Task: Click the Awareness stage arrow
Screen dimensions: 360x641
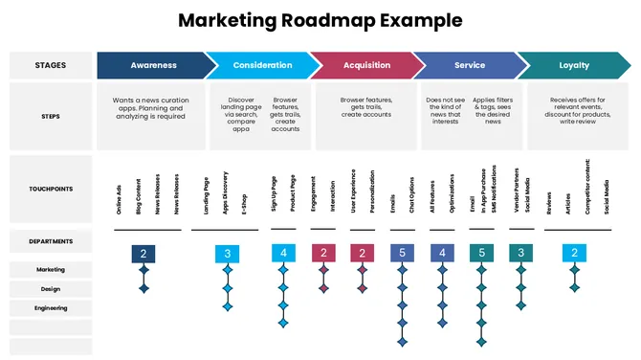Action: (x=153, y=65)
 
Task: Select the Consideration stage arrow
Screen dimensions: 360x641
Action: (x=260, y=65)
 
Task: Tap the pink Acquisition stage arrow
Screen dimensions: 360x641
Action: (x=366, y=65)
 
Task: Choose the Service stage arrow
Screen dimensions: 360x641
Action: (x=469, y=65)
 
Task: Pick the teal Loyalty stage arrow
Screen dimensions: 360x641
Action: (x=574, y=65)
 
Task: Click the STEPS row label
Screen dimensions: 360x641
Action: (x=51, y=116)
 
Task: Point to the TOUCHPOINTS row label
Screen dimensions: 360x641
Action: (x=51, y=190)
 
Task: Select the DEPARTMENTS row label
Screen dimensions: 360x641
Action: (x=51, y=240)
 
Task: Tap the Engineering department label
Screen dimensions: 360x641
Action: (x=51, y=308)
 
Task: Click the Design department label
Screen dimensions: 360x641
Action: (x=51, y=288)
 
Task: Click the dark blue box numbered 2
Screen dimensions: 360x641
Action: (x=144, y=254)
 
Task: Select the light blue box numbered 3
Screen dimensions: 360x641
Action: (x=228, y=254)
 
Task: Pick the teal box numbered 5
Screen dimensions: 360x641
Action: (x=482, y=254)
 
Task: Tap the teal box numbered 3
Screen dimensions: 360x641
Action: (x=520, y=254)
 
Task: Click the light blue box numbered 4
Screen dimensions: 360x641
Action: (x=283, y=254)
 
